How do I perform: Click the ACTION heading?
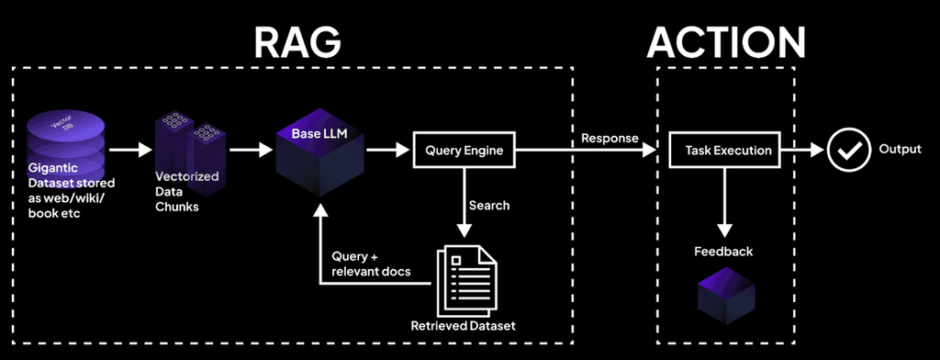click(x=726, y=41)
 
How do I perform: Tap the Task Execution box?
click(x=726, y=149)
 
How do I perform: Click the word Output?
click(x=900, y=149)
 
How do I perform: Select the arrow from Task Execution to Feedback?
click(x=726, y=202)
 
